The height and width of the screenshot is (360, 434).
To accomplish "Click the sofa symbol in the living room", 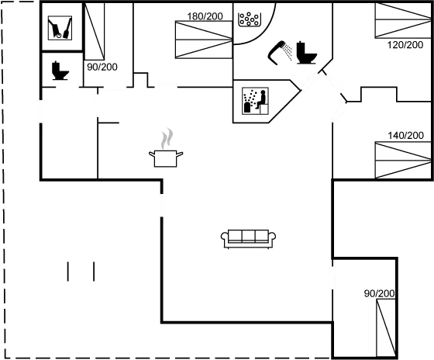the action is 248,239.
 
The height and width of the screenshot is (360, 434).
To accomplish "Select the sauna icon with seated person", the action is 255,101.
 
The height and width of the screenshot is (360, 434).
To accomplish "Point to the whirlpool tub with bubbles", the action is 250,19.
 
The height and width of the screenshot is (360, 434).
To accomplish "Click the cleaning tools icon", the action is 60,28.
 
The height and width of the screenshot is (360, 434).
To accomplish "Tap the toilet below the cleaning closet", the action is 60,71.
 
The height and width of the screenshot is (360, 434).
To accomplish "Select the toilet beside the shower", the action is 306,53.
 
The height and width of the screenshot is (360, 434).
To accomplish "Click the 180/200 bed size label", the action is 205,16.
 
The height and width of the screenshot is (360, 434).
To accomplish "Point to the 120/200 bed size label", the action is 405,45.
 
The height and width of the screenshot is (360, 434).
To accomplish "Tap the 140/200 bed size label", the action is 405,135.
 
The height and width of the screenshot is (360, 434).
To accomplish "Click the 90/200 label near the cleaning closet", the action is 102,67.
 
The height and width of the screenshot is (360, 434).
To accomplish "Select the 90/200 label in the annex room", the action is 379,293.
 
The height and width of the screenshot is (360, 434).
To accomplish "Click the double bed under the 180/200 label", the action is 204,40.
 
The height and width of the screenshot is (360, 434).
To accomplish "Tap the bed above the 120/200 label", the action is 403,20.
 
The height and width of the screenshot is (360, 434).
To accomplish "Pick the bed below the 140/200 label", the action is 403,160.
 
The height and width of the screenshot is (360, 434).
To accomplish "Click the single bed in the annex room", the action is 386,328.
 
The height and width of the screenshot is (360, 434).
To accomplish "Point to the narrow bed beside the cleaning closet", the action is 95,31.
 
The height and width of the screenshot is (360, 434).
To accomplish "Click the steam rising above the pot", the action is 167,138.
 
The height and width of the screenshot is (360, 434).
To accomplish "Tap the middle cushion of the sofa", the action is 248,236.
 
